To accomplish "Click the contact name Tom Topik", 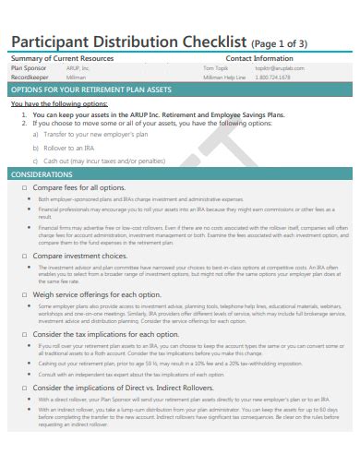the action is pos(214,68).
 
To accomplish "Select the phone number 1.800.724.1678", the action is pos(272,78).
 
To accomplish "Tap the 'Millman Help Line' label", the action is pos(224,78).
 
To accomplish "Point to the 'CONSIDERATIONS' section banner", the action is pos(42,173).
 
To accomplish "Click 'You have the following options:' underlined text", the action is pos(59,104).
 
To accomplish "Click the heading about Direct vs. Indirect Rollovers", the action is pos(116,388).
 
